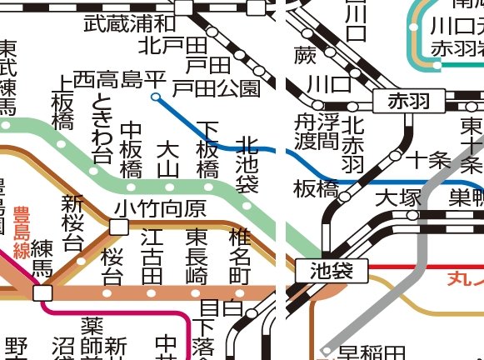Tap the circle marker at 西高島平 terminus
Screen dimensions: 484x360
click(156, 97)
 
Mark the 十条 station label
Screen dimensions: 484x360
click(427, 160)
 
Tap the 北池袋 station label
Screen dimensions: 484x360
click(247, 165)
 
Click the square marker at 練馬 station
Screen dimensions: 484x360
click(42, 292)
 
